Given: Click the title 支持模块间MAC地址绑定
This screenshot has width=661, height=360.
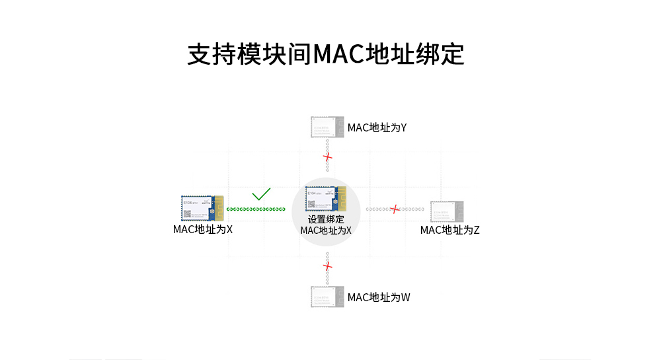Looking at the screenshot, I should (326, 54).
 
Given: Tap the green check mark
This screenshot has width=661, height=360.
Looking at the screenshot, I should (261, 194).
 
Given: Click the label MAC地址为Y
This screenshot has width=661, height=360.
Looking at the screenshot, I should (377, 127).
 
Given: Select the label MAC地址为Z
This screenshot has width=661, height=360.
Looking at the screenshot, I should (449, 230).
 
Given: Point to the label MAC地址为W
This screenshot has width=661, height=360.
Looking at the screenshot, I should (379, 297).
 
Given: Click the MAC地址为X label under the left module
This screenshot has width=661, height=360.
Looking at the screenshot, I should (203, 229).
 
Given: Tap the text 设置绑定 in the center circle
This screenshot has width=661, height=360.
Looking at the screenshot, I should (326, 219).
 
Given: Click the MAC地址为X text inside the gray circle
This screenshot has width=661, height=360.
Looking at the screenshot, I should (326, 231).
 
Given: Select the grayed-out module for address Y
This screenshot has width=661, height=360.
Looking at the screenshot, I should (327, 127).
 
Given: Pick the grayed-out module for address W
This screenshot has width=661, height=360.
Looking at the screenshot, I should (327, 297).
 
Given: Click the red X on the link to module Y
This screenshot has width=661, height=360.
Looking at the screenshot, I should (327, 157).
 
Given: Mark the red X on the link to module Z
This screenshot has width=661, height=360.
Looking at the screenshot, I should (395, 209).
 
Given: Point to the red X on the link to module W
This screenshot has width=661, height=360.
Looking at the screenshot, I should (327, 266).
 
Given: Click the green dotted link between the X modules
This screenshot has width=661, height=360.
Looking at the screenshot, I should (256, 209).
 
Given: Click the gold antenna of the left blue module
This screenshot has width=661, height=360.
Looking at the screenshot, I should (219, 208).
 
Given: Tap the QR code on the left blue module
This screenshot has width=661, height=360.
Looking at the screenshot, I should (187, 214).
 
